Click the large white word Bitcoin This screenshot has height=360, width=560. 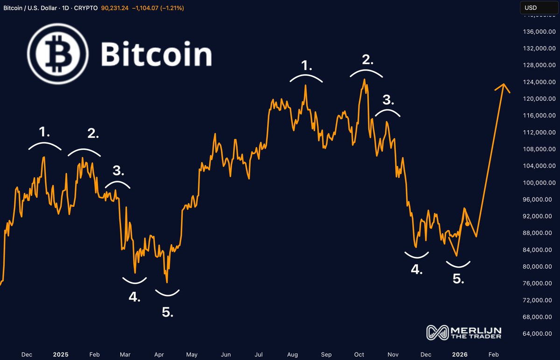point(156,54)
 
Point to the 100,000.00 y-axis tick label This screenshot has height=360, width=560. point(539,183)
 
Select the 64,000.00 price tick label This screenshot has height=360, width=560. point(539,334)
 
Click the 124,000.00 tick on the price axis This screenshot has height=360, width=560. point(539,82)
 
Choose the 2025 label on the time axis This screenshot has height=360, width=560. point(61,355)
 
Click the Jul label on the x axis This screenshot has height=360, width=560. point(259,355)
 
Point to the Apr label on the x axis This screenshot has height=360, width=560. point(159,355)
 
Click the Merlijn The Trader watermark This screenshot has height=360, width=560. point(464,332)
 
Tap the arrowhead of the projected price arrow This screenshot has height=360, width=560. point(503,86)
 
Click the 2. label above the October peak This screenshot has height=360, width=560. point(368,59)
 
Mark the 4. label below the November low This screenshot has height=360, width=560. point(416,269)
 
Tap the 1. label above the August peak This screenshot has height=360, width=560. point(306,66)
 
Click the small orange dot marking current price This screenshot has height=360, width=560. point(468,224)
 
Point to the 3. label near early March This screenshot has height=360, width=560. point(119,171)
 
